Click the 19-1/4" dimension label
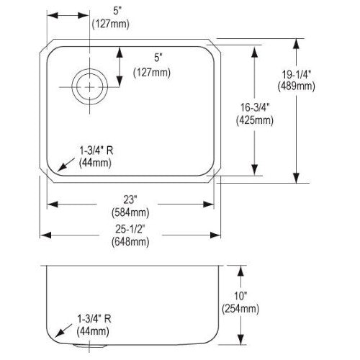point(296,75)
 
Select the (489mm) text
point(296,86)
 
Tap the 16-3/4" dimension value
point(255,107)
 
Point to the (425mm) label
point(255,120)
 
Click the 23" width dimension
point(130,199)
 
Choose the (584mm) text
point(130,212)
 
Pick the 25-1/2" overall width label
point(130,229)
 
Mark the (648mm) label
point(130,242)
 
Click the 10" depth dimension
point(240,296)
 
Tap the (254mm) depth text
point(240,309)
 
